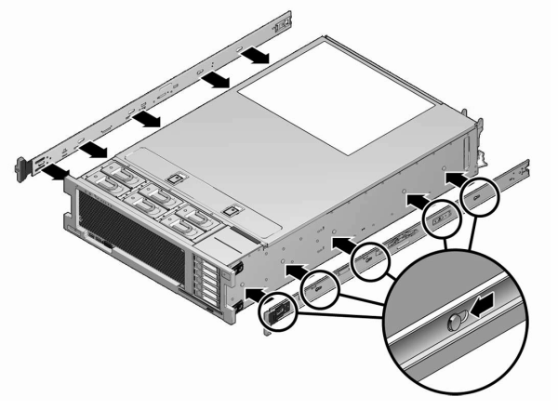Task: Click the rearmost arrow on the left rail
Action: point(258,58)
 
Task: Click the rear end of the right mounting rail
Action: point(523,168)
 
